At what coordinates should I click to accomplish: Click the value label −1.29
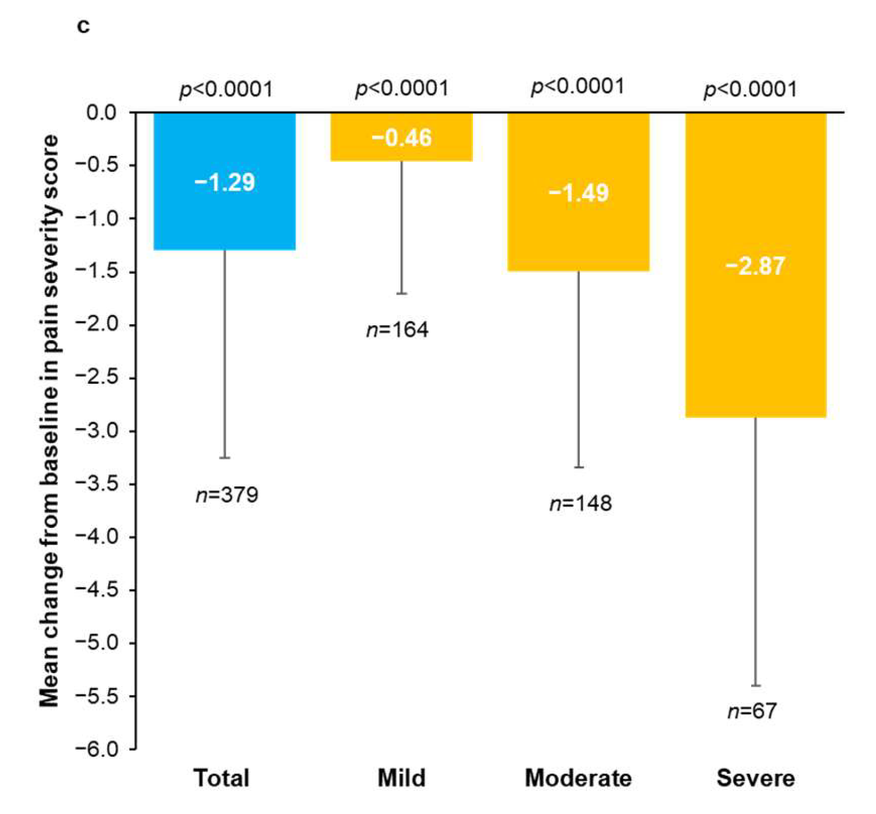pyautogui.click(x=224, y=183)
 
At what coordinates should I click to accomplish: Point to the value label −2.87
pyautogui.click(x=755, y=266)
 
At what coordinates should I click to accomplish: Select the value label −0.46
pyautogui.click(x=401, y=138)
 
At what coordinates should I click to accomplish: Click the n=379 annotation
pyautogui.click(x=227, y=495)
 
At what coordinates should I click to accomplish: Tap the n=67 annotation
pyautogui.click(x=752, y=711)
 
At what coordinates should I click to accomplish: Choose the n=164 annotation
pyautogui.click(x=398, y=330)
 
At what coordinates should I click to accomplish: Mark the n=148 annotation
pyautogui.click(x=581, y=504)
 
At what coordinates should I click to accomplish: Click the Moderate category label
pyautogui.click(x=578, y=778)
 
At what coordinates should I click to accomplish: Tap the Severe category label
pyautogui.click(x=755, y=778)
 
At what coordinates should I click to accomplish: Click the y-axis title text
pyautogui.click(x=49, y=421)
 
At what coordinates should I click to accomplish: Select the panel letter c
pyautogui.click(x=83, y=25)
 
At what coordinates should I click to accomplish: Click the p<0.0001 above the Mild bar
pyautogui.click(x=402, y=88)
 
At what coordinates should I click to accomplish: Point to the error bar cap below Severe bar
pyautogui.click(x=755, y=685)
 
